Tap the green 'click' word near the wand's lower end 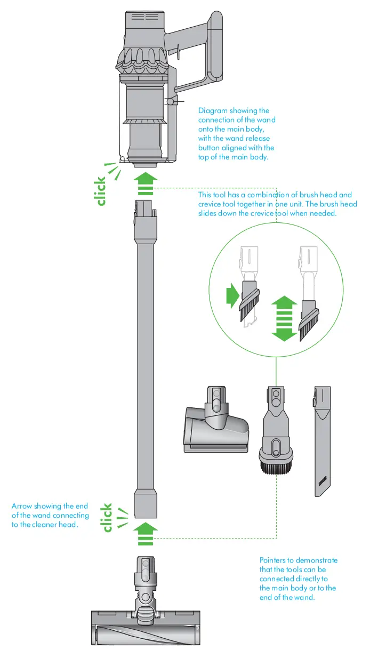(x=108, y=517)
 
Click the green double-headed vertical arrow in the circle (x=284, y=319)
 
